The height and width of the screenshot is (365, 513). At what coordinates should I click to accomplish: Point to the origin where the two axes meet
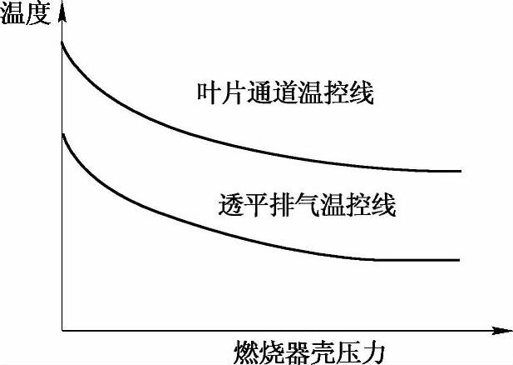coord(62,331)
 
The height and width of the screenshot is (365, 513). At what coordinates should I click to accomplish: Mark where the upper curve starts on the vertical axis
coord(62,41)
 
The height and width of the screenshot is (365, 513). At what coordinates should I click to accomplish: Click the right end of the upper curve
coord(460,171)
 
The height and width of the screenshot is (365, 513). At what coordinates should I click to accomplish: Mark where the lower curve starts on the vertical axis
coord(62,133)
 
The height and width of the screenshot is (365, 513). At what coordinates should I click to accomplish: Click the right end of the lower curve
coord(460,260)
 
